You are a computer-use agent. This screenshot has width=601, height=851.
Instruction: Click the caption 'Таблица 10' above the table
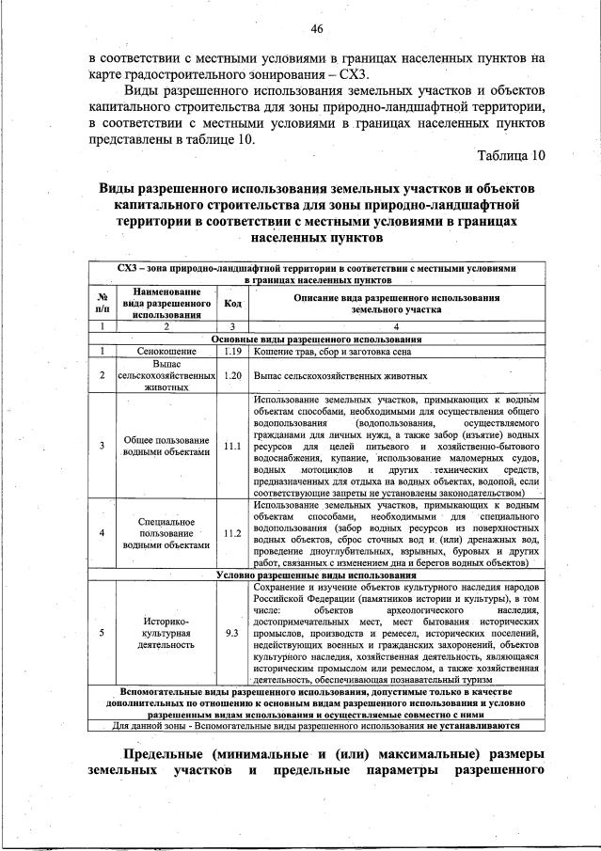[511, 154]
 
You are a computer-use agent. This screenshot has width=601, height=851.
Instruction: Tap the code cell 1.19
[234, 351]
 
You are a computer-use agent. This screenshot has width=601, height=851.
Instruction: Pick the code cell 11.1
[233, 446]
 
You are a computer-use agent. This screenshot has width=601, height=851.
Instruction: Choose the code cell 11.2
[233, 532]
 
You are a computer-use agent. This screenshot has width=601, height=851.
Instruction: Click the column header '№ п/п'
[102, 303]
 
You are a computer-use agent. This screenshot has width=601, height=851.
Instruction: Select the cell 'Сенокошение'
[166, 351]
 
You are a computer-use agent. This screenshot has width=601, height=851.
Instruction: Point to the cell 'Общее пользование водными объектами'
[166, 446]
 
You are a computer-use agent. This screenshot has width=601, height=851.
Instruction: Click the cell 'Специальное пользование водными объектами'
[166, 532]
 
